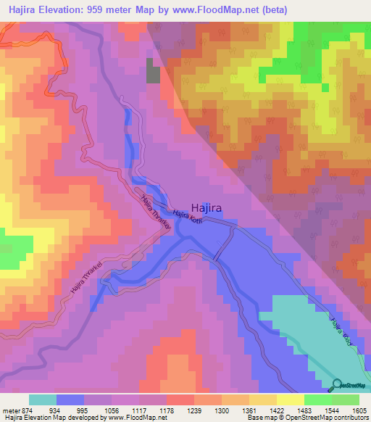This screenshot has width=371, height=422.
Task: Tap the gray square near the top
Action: coord(154,71)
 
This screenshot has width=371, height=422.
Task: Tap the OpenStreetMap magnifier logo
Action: coord(338,385)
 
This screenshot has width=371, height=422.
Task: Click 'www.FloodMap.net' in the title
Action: coord(222,10)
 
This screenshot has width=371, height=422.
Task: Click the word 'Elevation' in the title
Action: coord(68,10)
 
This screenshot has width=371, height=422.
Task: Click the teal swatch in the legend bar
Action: coord(43,400)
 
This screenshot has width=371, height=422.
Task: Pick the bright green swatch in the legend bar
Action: coord(318,400)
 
